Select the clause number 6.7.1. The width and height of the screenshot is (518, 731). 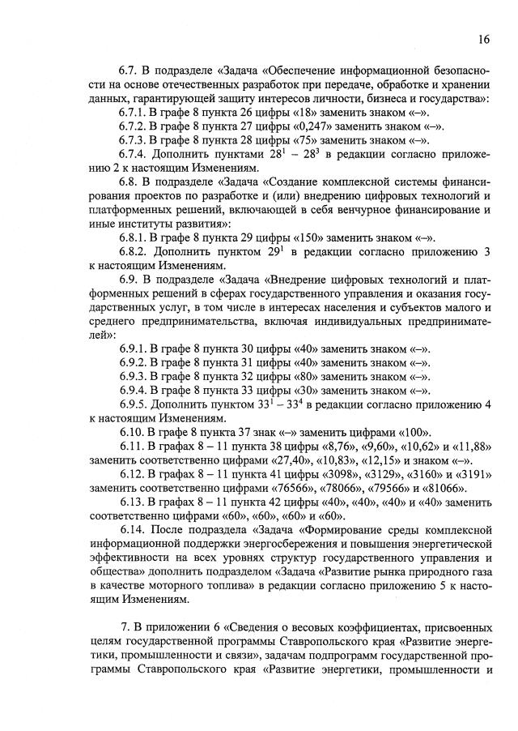[133, 112]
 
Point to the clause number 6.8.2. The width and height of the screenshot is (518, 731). [133, 250]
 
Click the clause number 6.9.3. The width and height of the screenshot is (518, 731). [133, 375]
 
